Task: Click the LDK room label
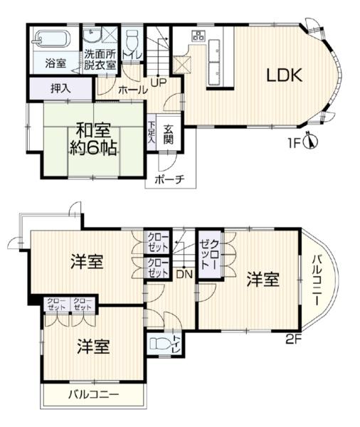tap(285, 75)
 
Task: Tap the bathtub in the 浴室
tap(51, 38)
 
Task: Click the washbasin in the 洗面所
tap(92, 36)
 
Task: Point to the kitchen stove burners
tap(198, 35)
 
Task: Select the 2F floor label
tap(292, 339)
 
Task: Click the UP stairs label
tap(159, 83)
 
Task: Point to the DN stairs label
tap(185, 274)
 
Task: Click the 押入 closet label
tap(61, 89)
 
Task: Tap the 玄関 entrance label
tap(169, 134)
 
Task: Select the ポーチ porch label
tap(170, 179)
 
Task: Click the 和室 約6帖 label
tap(93, 139)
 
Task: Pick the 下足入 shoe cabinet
tap(151, 132)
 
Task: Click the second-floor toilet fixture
tap(160, 343)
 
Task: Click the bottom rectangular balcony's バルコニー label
tap(93, 394)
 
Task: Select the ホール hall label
tap(134, 90)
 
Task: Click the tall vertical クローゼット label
tap(211, 255)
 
